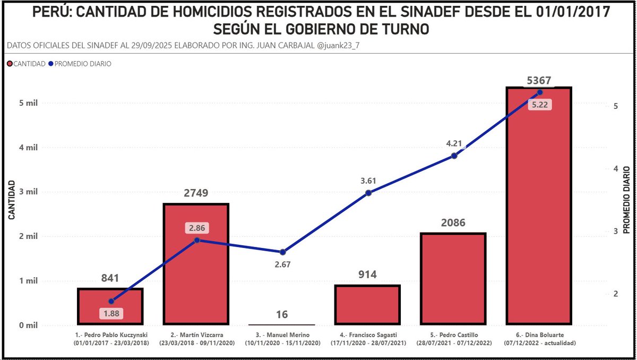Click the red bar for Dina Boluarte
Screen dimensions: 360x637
pyautogui.click(x=539, y=212)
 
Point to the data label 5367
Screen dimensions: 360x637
pyautogui.click(x=539, y=80)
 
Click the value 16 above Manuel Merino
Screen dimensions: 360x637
pyautogui.click(x=282, y=314)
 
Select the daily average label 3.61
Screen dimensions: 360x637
pyautogui.click(x=368, y=181)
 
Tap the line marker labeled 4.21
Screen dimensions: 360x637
pyautogui.click(x=454, y=156)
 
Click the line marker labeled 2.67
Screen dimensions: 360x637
pyautogui.click(x=282, y=252)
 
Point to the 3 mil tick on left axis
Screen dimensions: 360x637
pyautogui.click(x=28, y=192)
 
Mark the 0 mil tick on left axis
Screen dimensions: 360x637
pyautogui.click(x=28, y=325)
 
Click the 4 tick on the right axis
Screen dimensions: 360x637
pyautogui.click(x=616, y=168)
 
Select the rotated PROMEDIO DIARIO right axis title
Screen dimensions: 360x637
pyautogui.click(x=626, y=200)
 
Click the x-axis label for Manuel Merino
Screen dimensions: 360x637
pyautogui.click(x=282, y=339)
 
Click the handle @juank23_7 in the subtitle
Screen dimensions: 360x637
pyautogui.click(x=342, y=46)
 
